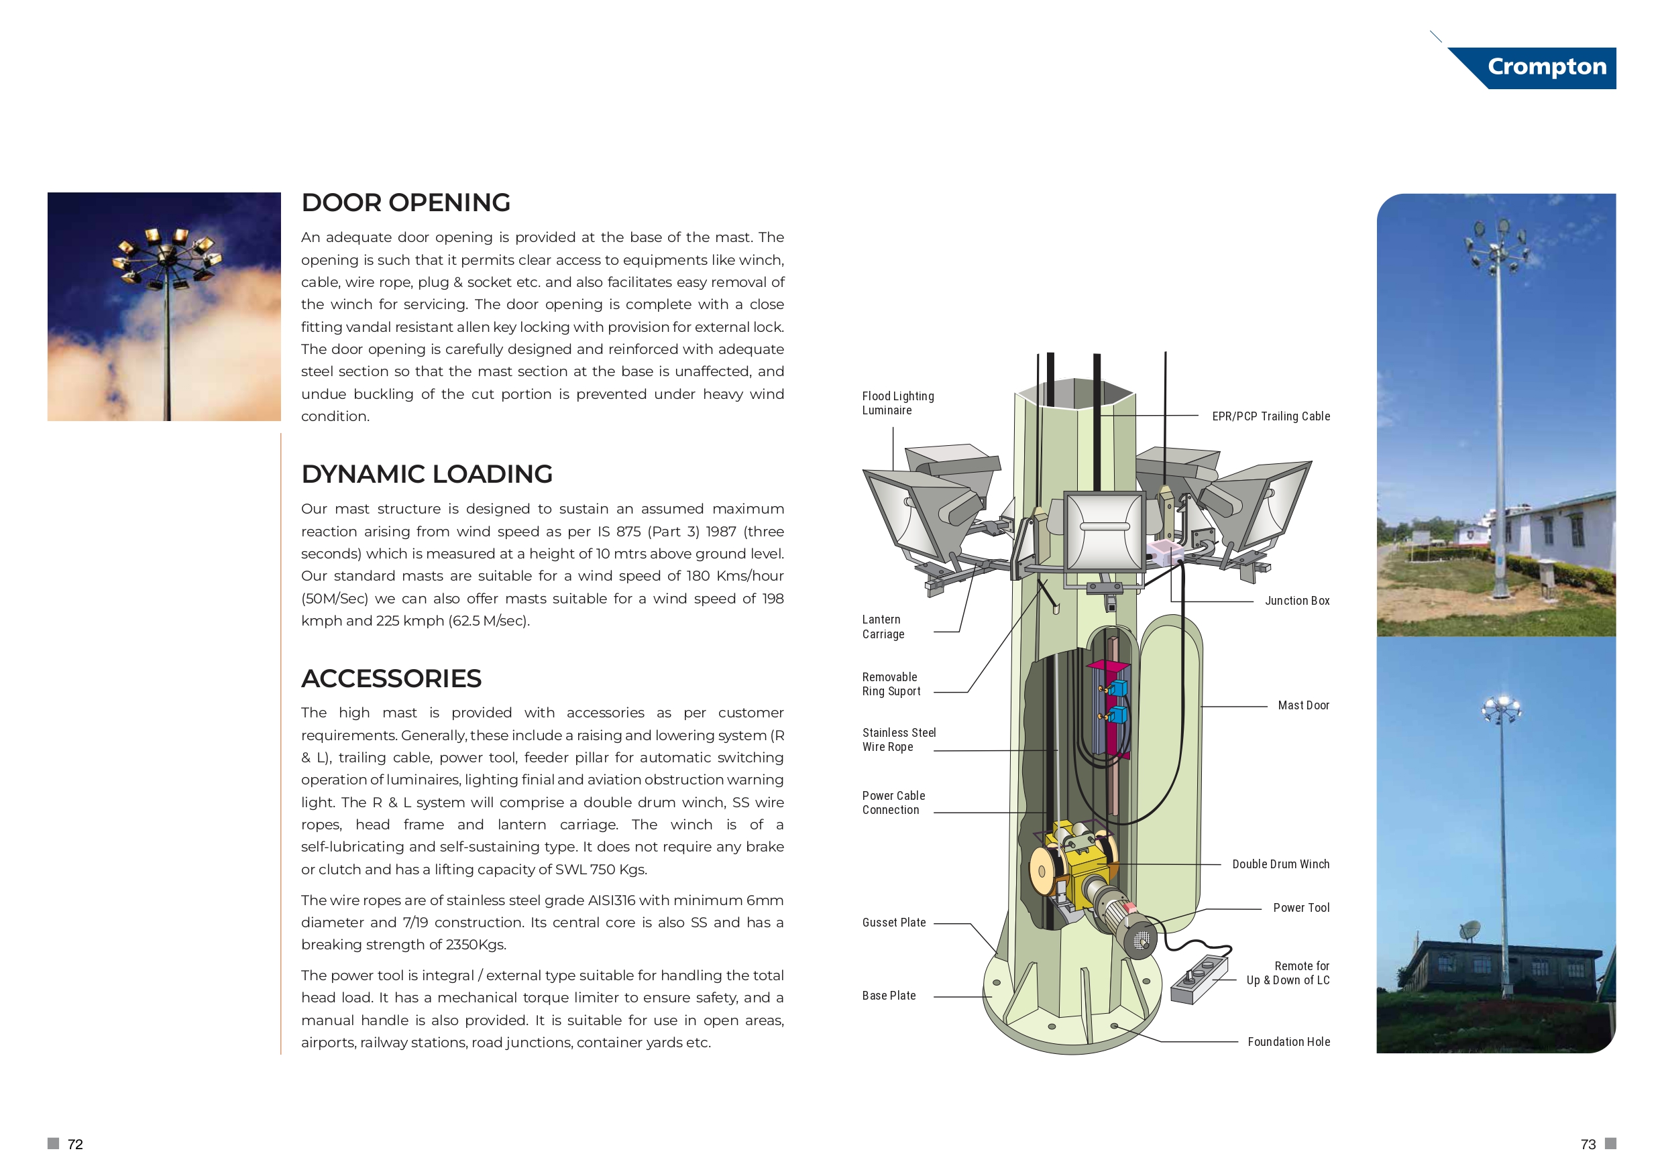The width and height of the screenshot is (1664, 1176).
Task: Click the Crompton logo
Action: (1546, 66)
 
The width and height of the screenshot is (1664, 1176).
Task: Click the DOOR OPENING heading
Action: (405, 203)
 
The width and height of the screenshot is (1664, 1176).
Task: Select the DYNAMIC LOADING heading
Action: (426, 474)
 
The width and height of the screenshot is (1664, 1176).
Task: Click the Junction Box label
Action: (1296, 601)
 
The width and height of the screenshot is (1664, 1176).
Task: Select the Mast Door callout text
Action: (1303, 705)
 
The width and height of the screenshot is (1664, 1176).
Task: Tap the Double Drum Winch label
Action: (1280, 864)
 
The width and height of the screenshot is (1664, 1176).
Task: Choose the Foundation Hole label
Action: (1288, 1041)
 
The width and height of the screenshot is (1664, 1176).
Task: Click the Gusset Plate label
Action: (893, 923)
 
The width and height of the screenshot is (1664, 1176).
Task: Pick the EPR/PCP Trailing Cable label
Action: (1270, 416)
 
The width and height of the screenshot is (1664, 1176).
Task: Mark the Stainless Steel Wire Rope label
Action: (898, 740)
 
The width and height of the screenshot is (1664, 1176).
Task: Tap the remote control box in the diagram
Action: (1199, 978)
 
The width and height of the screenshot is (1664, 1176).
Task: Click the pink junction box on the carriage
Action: (1164, 552)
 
